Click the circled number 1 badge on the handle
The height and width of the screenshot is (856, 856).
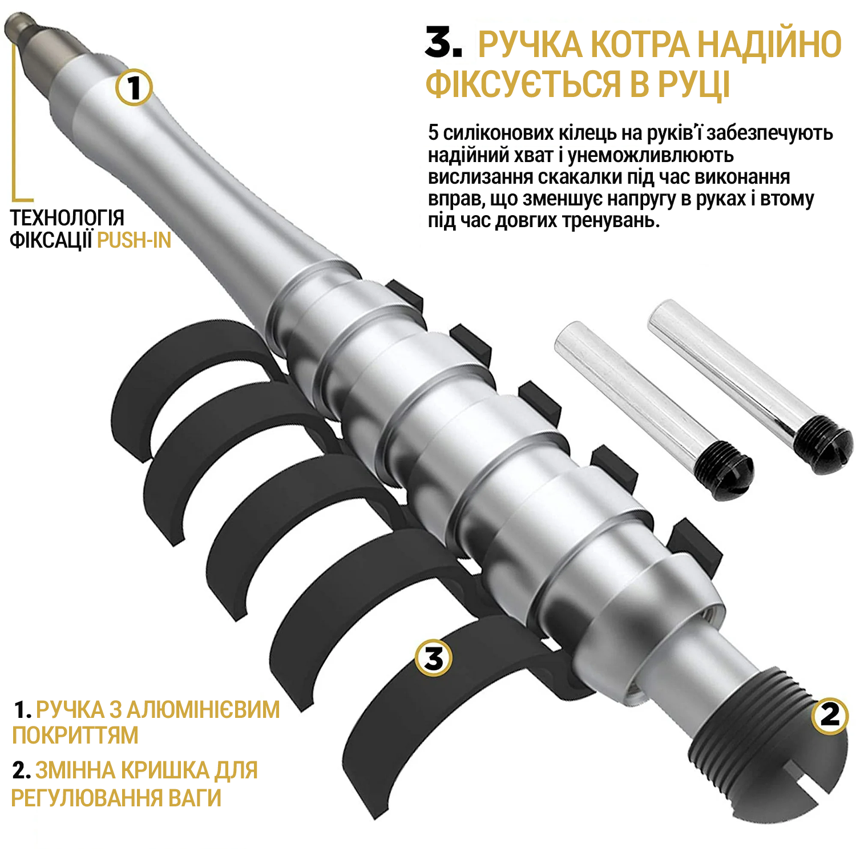134,88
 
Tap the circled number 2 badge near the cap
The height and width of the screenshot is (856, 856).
830,715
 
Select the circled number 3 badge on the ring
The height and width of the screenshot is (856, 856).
434,658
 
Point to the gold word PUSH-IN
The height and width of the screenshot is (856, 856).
134,240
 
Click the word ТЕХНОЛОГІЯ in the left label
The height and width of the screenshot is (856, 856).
67,217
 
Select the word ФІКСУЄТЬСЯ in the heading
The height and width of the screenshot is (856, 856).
524,83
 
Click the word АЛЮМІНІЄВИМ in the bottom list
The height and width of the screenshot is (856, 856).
203,710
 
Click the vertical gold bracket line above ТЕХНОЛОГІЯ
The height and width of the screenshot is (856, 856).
14,121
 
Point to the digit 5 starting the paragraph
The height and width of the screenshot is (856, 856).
434,133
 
